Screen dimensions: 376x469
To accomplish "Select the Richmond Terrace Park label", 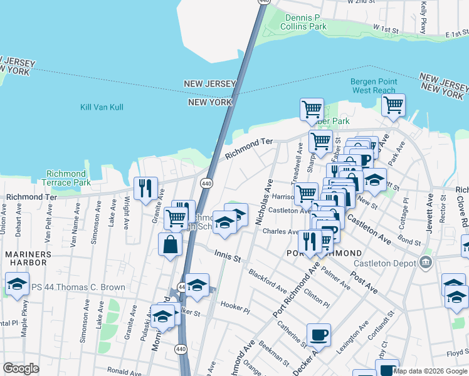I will pyautogui.click(x=66, y=178).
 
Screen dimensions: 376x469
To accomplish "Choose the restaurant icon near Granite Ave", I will pyautogui.click(x=145, y=187).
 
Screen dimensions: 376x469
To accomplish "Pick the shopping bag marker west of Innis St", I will pyautogui.click(x=171, y=244).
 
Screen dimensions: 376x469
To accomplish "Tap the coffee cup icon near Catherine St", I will pyautogui.click(x=319, y=335).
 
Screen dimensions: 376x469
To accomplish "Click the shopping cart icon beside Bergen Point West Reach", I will pyautogui.click(x=393, y=105).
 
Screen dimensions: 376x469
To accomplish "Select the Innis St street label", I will pyautogui.click(x=227, y=254).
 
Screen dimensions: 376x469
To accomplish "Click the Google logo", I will pyautogui.click(x=21, y=368).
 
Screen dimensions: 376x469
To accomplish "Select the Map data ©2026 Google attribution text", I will pyautogui.click(x=430, y=371).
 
